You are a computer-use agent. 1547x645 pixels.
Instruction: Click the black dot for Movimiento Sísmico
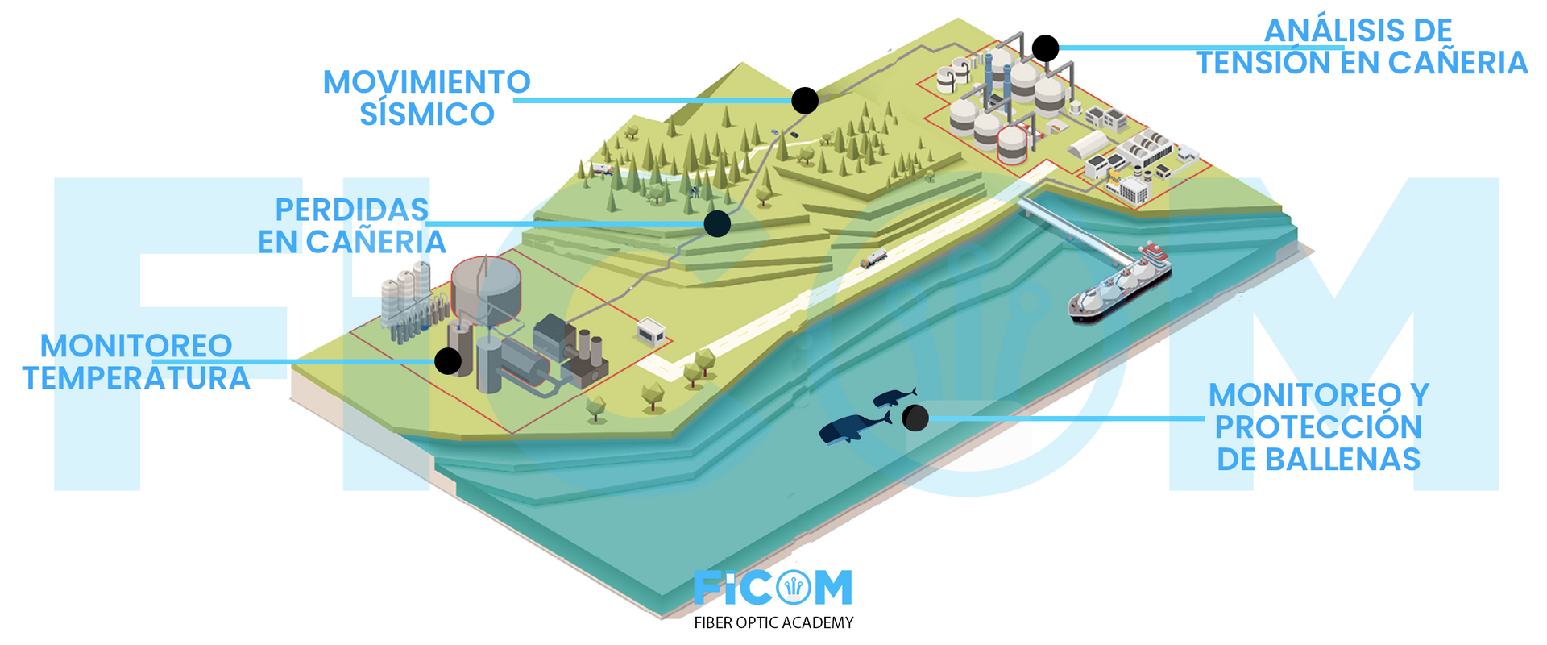pyautogui.click(x=804, y=100)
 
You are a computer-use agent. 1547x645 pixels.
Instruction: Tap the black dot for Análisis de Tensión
pyautogui.click(x=1045, y=48)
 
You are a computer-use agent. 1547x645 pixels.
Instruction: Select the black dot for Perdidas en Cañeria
pyautogui.click(x=717, y=223)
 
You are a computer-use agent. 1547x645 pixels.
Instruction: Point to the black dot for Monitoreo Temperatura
pyautogui.click(x=448, y=361)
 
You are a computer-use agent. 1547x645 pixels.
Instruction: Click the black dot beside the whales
pyautogui.click(x=915, y=418)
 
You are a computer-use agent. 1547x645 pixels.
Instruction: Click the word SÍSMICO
pyautogui.click(x=427, y=114)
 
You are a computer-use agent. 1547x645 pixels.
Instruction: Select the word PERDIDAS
pyautogui.click(x=352, y=210)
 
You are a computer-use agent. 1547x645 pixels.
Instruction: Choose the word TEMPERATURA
pyautogui.click(x=136, y=378)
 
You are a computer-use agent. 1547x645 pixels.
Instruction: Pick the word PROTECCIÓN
pyautogui.click(x=1318, y=427)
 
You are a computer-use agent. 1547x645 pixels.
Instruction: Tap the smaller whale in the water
pyautogui.click(x=894, y=397)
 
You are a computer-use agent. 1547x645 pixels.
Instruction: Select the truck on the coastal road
pyautogui.click(x=873, y=258)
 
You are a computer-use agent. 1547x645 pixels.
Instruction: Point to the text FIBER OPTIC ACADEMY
pyautogui.click(x=773, y=622)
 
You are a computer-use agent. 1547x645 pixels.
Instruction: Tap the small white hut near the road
pyautogui.click(x=650, y=331)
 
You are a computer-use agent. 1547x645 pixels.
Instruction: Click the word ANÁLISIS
pyautogui.click(x=1358, y=31)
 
